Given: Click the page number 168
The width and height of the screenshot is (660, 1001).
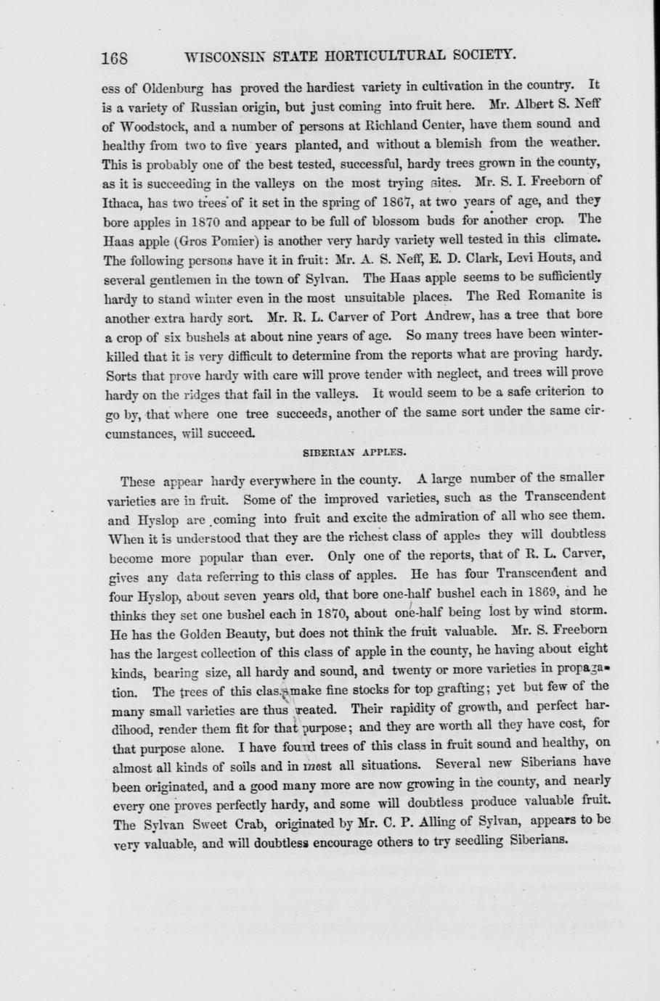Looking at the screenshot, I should click(115, 58).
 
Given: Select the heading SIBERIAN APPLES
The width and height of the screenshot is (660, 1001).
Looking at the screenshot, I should click(354, 451).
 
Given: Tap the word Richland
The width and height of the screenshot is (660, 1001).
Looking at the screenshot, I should click(403, 124).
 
